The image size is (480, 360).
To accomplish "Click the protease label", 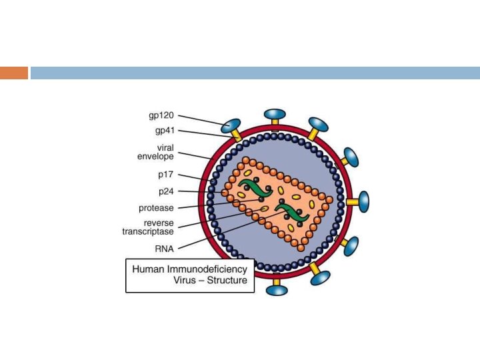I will (x=156, y=207).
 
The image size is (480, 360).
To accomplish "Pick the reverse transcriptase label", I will (x=148, y=227).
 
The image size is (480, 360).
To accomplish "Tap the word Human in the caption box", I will (x=147, y=269).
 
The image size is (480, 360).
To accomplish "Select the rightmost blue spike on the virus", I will (x=363, y=201).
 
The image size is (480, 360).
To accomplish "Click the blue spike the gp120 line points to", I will (x=231, y=125).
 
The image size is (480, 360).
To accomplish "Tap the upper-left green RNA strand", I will (x=253, y=187).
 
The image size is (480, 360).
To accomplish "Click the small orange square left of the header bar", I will (x=14, y=73).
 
